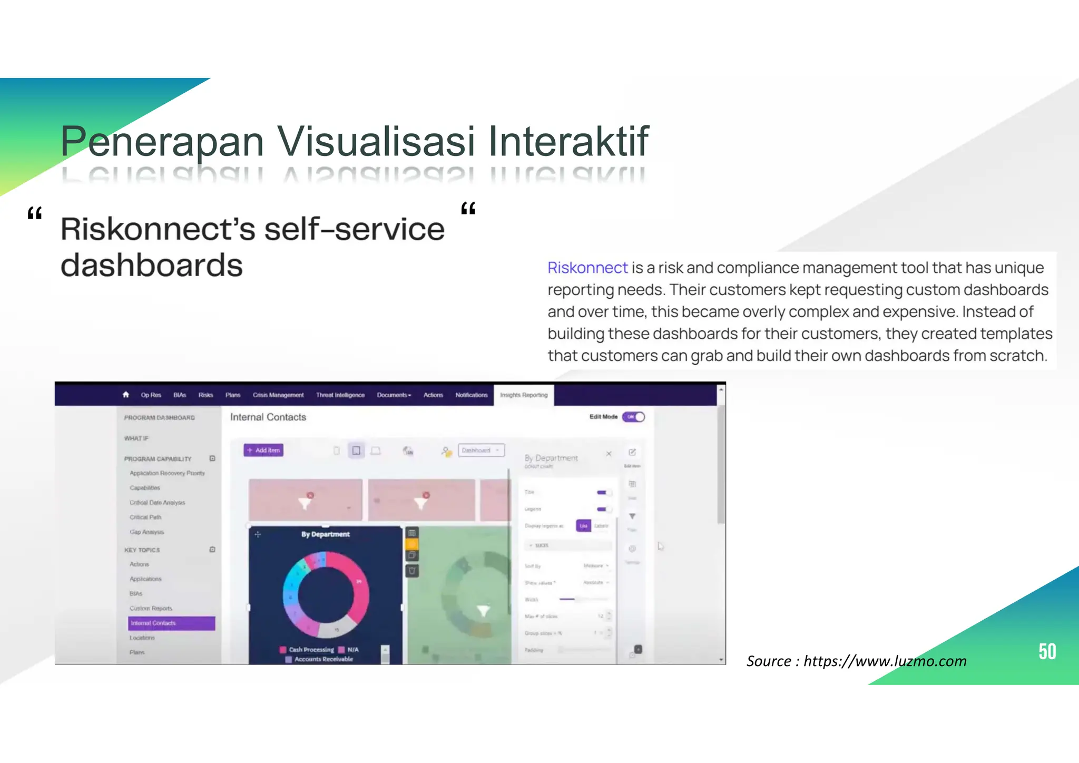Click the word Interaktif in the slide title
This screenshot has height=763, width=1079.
(568, 141)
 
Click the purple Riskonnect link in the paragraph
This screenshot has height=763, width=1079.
(587, 268)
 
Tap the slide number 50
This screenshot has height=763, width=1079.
(1047, 652)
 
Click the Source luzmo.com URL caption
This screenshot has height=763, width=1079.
(856, 661)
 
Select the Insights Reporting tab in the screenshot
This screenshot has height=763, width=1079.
(523, 395)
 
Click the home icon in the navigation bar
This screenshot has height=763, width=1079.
(125, 395)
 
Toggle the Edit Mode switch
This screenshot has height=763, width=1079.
(633, 417)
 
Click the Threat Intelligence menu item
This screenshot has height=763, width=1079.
(340, 395)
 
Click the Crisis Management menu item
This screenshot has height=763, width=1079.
(278, 395)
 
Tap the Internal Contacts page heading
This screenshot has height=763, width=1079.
(268, 417)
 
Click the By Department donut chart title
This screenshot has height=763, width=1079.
(325, 534)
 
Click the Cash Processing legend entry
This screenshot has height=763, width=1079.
(310, 650)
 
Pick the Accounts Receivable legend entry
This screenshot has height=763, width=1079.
(323, 659)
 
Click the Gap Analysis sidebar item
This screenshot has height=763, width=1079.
(146, 532)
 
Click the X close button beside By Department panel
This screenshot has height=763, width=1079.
(609, 454)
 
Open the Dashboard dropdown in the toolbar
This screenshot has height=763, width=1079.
(481, 450)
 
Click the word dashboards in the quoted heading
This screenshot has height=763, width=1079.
(151, 265)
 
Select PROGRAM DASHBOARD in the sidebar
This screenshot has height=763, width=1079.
(159, 418)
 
